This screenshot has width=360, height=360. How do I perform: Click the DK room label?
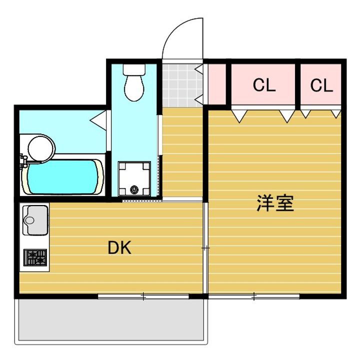coord(119,247)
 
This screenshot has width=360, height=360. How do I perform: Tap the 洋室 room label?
coord(275,203)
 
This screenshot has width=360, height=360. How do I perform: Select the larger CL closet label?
coord(264,85)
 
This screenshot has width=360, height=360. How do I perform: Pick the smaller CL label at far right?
coord(321,85)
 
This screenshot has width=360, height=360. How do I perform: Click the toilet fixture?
coord(134,83)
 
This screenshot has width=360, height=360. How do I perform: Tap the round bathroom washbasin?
coord(40,147)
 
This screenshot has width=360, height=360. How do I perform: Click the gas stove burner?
coord(34,258)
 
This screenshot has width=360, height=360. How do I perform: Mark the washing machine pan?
coord(134,178)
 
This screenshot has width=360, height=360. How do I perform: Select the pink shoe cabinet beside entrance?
coord(217,84)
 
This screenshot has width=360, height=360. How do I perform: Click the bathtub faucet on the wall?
coord(23,160)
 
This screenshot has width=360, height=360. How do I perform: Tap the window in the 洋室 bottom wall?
coord(254,297)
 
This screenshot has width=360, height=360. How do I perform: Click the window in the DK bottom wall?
coord(143,297)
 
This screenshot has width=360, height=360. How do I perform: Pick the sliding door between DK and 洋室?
coord(205,247)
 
